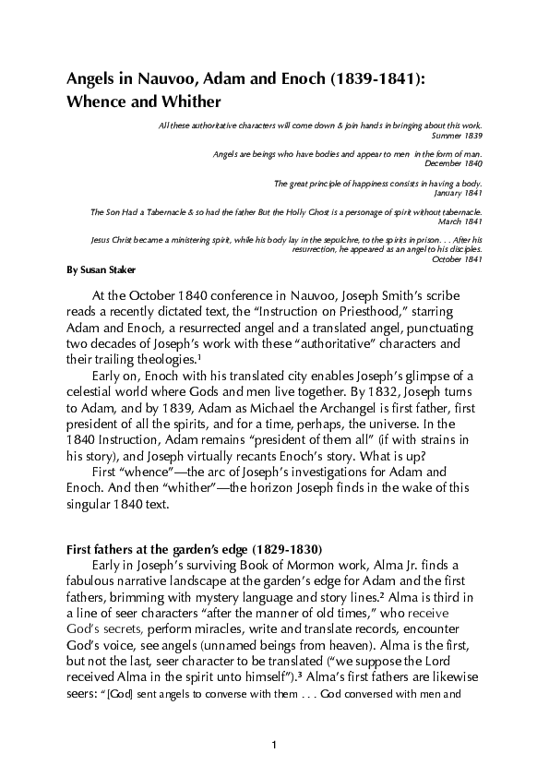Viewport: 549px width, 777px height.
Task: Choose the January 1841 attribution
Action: point(458,192)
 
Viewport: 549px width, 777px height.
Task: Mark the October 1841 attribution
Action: point(457,258)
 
